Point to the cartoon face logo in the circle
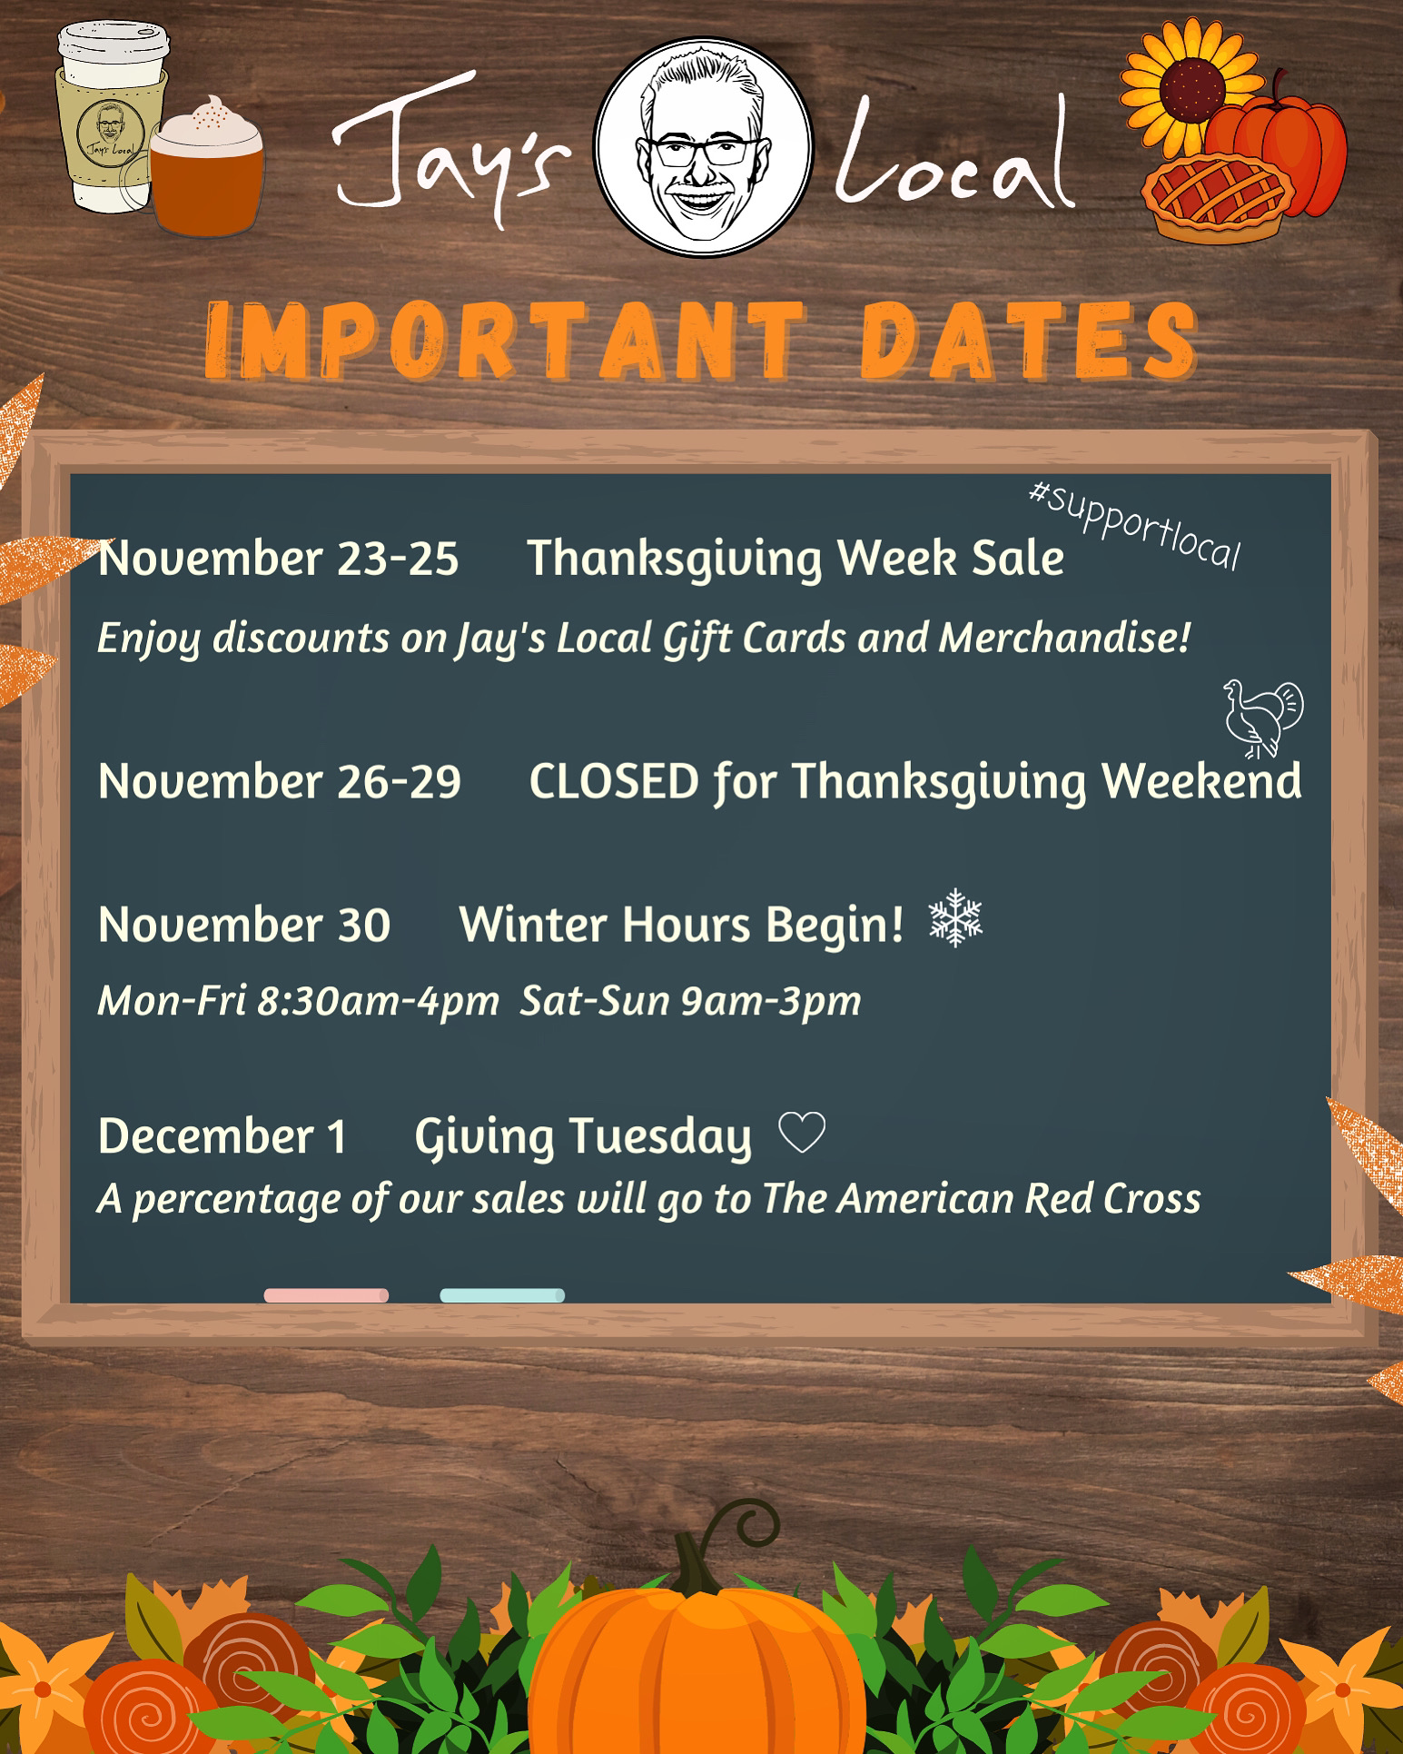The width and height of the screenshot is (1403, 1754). click(x=705, y=146)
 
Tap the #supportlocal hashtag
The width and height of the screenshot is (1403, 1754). click(x=1135, y=526)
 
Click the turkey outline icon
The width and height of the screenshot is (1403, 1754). click(x=1263, y=717)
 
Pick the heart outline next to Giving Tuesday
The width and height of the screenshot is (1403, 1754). click(x=803, y=1134)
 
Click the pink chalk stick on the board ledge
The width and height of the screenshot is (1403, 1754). click(x=326, y=1295)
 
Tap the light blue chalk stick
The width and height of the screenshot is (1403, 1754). click(x=502, y=1295)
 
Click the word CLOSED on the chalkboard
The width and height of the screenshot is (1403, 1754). click(x=614, y=781)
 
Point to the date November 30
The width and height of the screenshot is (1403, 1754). click(x=243, y=925)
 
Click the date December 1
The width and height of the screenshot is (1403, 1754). click(x=222, y=1136)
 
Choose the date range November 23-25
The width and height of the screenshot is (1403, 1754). click(x=278, y=558)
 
